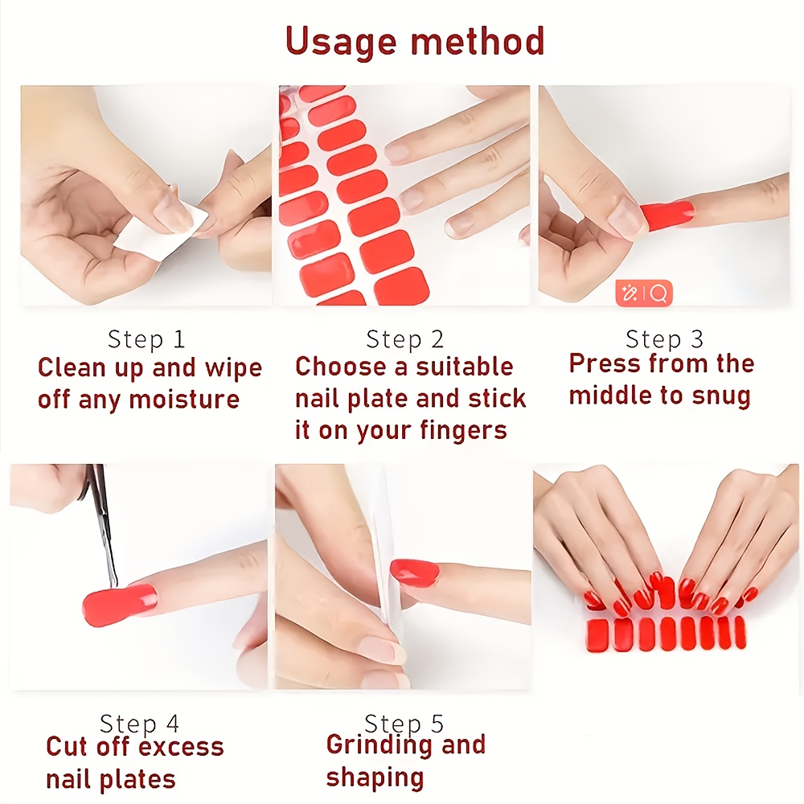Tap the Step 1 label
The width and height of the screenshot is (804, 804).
[146, 339]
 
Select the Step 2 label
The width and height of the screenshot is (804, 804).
[404, 339]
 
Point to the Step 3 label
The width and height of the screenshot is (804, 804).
[664, 339]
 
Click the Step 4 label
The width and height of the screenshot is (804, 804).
[139, 724]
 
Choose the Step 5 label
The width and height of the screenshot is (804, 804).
[404, 724]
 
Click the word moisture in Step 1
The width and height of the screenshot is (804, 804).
[184, 399]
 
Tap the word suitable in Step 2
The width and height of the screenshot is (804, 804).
[465, 367]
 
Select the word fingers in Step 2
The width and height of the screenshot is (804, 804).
[464, 431]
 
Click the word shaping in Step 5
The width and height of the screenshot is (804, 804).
[375, 778]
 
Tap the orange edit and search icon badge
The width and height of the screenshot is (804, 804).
[643, 293]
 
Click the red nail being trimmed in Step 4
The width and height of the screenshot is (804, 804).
[120, 605]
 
